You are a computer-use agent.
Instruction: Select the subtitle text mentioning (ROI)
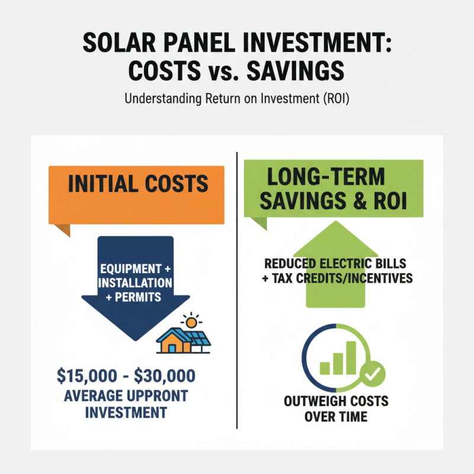point(237,98)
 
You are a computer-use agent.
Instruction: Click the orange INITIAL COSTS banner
point(137,184)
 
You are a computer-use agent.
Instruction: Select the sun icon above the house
point(191,324)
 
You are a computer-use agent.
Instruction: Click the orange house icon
point(171,341)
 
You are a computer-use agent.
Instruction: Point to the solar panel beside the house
point(197,340)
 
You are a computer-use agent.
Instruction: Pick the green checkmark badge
point(373,372)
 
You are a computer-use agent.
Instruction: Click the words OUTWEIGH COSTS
point(337,401)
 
